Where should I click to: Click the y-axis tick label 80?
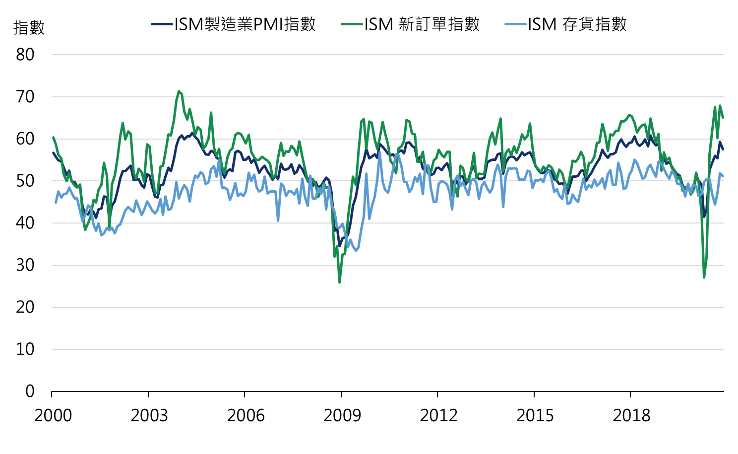pos(25,55)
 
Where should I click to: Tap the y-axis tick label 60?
pos(25,139)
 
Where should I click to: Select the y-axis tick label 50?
pos(25,181)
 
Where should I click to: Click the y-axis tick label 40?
pos(25,223)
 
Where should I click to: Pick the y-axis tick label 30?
pos(25,265)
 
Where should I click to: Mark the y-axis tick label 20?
pos(25,307)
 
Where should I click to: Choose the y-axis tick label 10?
pos(25,349)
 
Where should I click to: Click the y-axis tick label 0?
pos(30,391)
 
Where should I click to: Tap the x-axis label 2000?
pos(53,415)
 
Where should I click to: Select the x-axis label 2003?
pos(149,415)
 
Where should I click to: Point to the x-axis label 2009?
pos(342,415)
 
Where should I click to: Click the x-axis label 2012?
pos(438,415)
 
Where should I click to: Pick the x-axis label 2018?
pos(631,415)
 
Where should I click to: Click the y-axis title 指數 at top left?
pos(29,28)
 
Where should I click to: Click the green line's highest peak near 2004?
pos(179,91)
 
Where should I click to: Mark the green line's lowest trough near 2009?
pos(340,283)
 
